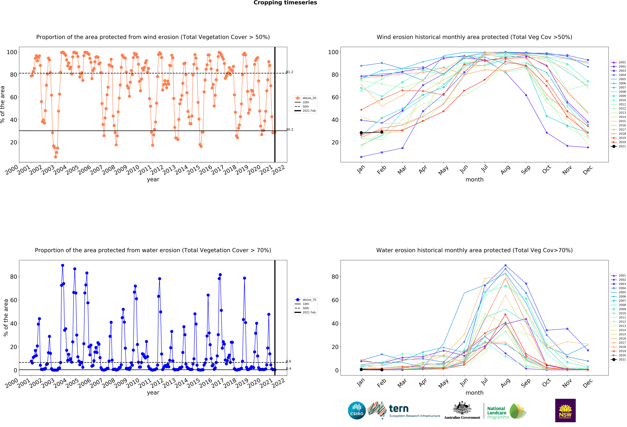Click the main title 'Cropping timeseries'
coord(285,3)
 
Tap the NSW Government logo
coord(565,410)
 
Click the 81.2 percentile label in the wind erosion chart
coord(290,72)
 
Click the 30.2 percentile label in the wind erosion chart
coord(290,129)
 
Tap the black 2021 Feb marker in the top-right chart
coord(382,132)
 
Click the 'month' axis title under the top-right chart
coord(474,180)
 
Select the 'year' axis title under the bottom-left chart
coord(153,393)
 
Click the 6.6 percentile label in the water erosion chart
coord(289,361)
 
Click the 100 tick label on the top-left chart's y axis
coord(12,52)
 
